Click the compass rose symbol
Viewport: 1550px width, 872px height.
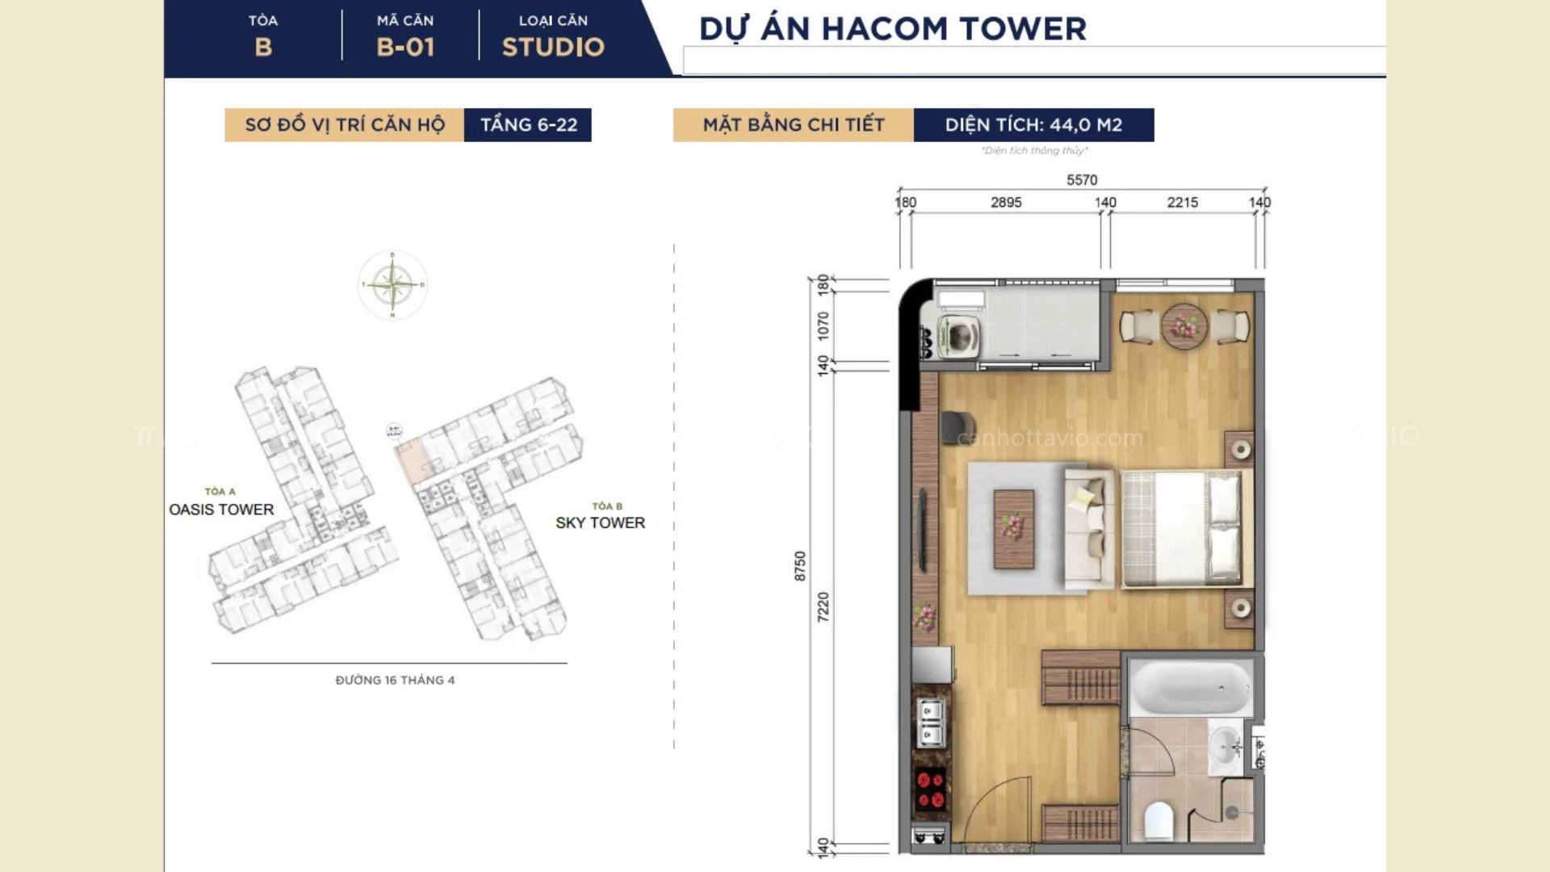point(392,284)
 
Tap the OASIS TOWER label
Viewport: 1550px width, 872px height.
point(221,509)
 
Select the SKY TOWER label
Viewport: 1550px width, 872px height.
point(600,522)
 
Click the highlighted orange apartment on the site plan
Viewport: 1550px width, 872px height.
point(413,462)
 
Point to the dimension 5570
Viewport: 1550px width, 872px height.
point(1082,180)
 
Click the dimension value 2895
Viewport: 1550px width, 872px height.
point(1006,203)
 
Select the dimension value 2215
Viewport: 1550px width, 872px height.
point(1182,203)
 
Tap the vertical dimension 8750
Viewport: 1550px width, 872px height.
point(800,565)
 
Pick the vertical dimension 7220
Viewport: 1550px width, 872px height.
point(823,606)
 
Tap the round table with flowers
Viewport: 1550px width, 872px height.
point(1183,325)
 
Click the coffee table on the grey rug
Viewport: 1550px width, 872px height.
point(1013,529)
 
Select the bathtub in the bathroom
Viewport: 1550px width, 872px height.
point(1190,687)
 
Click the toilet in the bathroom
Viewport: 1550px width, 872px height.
point(1158,820)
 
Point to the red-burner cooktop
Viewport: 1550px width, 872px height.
point(930,790)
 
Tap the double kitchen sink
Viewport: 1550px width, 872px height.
point(930,723)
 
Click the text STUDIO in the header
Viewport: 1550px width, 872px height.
point(553,47)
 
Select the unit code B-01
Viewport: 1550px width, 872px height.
point(405,47)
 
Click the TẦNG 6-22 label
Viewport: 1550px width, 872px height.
point(529,125)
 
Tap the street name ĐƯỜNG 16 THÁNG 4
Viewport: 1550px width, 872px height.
point(395,680)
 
